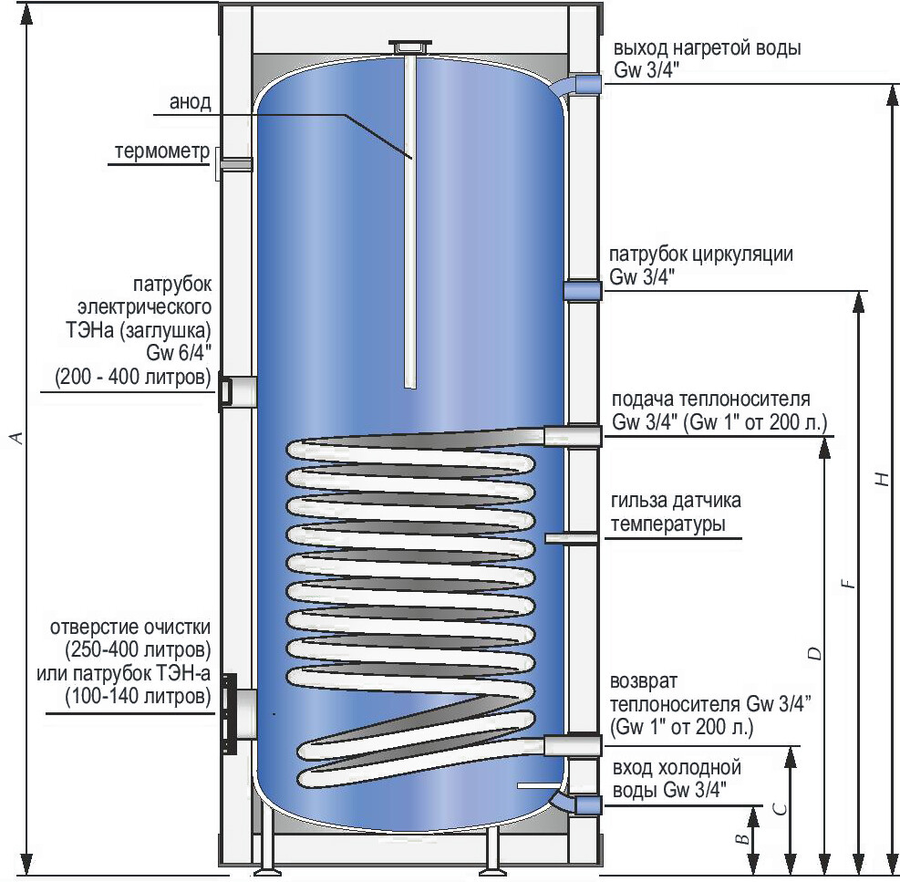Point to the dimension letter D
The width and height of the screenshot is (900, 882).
click(x=815, y=653)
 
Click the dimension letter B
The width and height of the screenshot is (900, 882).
click(x=744, y=838)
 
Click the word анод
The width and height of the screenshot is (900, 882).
click(x=191, y=101)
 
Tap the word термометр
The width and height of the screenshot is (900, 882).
click(x=163, y=150)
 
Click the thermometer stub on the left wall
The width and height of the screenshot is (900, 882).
click(x=235, y=164)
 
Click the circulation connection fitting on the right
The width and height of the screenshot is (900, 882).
click(x=581, y=291)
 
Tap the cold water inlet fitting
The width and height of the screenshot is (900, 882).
click(x=586, y=805)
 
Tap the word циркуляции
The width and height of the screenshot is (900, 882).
click(x=744, y=254)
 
